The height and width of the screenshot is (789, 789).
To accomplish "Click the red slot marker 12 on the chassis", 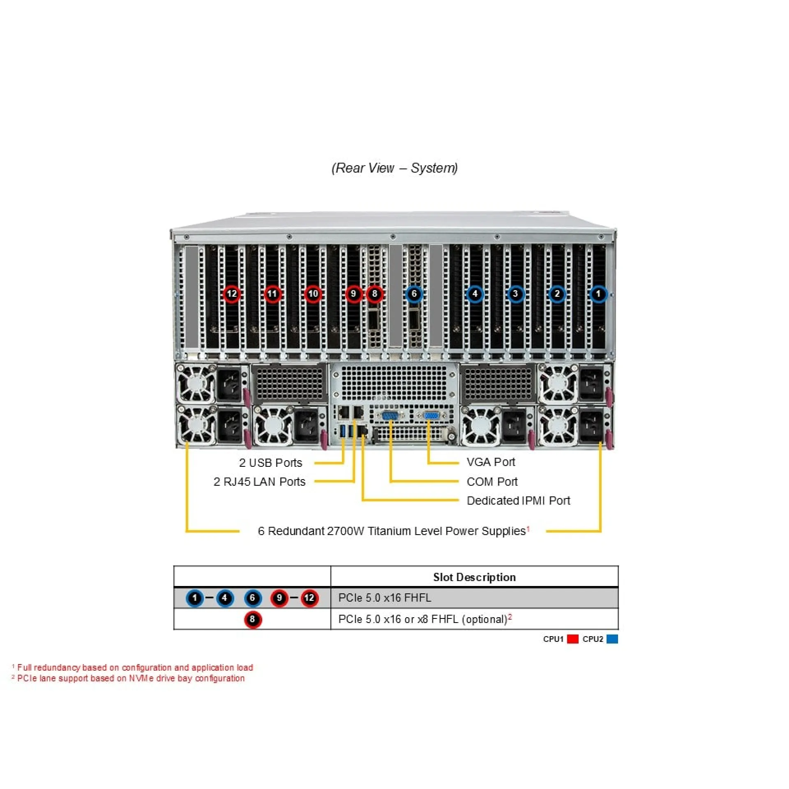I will click(232, 294).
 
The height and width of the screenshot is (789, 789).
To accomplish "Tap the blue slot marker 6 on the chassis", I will click(414, 294).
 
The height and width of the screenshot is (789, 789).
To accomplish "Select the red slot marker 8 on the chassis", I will click(374, 294).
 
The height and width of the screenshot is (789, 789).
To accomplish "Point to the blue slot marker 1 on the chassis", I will click(598, 294).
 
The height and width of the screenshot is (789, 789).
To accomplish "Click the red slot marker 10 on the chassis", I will click(313, 294).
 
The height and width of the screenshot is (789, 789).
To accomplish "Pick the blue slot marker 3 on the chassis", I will click(515, 294).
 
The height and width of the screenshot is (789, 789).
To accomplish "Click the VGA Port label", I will click(491, 462).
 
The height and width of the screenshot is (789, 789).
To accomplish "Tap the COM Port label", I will click(492, 482).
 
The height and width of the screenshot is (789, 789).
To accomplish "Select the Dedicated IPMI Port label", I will click(518, 501).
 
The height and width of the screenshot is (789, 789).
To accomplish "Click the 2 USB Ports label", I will click(270, 463).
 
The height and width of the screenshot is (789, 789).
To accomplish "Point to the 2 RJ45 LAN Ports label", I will click(259, 482).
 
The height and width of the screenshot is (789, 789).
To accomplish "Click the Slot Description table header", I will click(474, 577).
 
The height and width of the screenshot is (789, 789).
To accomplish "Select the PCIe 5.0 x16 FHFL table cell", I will click(385, 598).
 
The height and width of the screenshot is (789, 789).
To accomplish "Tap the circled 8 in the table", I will click(252, 619).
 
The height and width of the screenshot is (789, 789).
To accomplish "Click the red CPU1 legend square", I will click(572, 639).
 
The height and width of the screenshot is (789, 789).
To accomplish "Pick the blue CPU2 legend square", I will click(612, 639).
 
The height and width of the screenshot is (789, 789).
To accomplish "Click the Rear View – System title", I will click(394, 168).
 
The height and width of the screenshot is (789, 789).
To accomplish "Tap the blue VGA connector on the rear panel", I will click(431, 416).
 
